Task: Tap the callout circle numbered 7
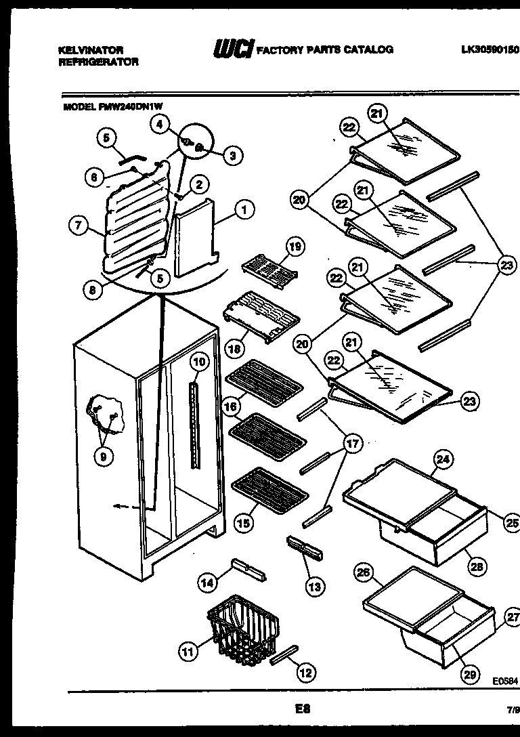tap(79, 226)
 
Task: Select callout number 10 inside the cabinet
tap(198, 362)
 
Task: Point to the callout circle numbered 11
tap(189, 652)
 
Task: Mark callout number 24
tap(442, 460)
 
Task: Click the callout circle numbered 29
tap(469, 674)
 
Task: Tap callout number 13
tap(314, 586)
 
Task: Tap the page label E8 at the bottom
tap(302, 709)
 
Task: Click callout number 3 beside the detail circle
tap(232, 155)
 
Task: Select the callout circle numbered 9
tap(104, 456)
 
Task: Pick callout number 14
tap(209, 581)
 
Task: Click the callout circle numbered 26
tap(364, 572)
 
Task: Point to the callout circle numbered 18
tap(234, 350)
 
